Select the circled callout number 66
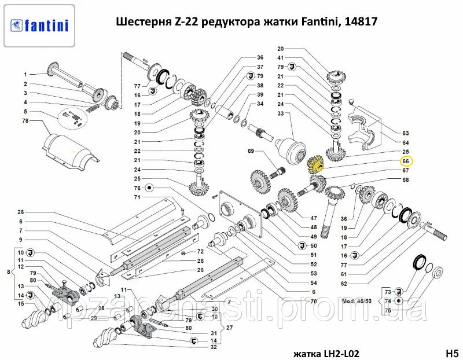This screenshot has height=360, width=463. point(406,161)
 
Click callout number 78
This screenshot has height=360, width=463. point(25,121)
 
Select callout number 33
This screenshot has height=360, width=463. point(280,113)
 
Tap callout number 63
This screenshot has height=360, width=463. point(406,133)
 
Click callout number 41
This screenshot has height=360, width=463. point(280,58)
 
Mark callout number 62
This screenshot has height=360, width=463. point(344,284)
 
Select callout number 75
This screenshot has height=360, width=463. point(388,310)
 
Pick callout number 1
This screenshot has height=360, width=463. point(25,75)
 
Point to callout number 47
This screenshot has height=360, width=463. point(313,218)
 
